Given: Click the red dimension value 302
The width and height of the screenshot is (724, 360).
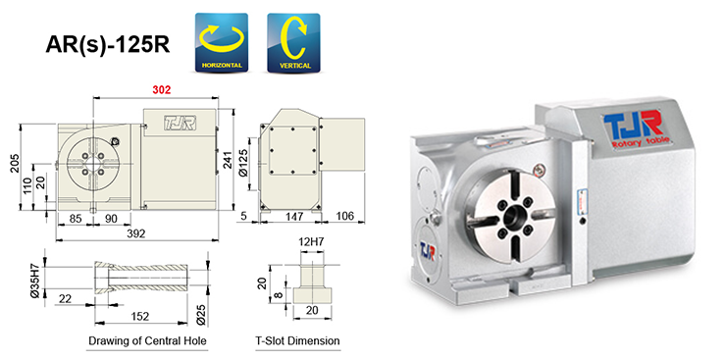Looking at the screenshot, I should pos(162,89).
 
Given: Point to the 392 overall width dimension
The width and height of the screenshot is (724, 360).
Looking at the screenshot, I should pos(138,235).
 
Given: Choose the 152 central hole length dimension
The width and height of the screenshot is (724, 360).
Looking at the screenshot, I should pos(140,316).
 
